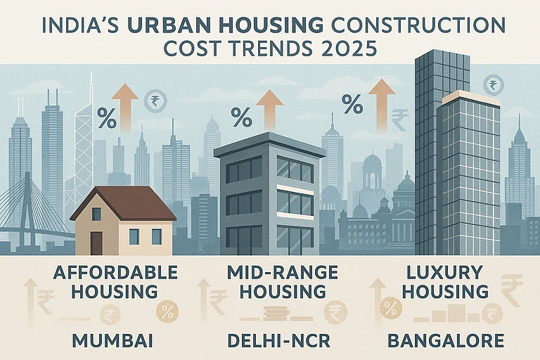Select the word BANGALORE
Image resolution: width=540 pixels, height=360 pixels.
[446, 341]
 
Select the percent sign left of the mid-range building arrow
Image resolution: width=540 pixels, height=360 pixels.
[242, 115]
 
